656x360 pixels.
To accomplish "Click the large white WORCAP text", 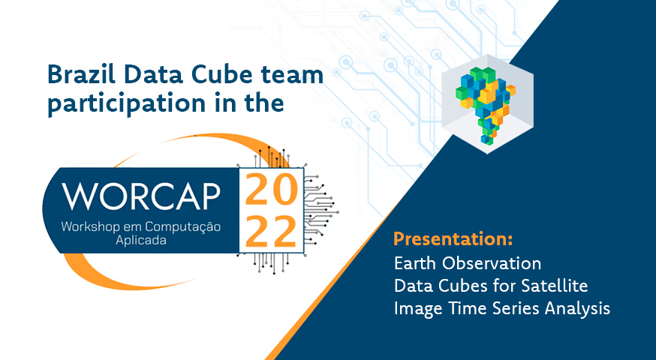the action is click(x=141, y=196).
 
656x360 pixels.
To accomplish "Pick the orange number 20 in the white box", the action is click(x=272, y=190).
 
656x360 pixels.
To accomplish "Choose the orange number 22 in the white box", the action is click(x=271, y=232).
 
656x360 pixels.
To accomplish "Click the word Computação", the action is click(x=183, y=227).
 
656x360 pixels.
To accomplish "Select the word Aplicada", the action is click(x=141, y=241).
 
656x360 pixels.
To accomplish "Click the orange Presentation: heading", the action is click(x=453, y=239).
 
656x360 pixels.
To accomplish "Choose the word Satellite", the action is click(x=555, y=286).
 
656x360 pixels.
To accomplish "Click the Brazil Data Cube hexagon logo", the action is click(x=487, y=103).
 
